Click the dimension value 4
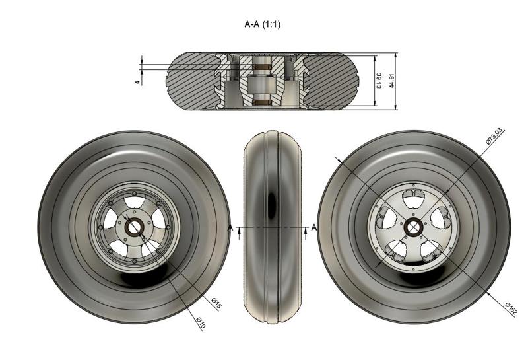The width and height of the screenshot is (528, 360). coord(137,82)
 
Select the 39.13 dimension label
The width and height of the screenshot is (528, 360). coord(379,81)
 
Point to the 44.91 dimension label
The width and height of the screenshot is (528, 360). coord(393,80)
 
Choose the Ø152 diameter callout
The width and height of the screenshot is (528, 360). coord(511,308)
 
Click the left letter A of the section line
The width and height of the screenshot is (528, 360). coord(230,228)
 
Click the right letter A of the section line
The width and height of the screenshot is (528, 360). coord(313,228)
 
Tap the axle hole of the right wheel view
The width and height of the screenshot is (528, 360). coord(414,227)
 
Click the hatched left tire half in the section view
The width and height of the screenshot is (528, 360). coord(191,81)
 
